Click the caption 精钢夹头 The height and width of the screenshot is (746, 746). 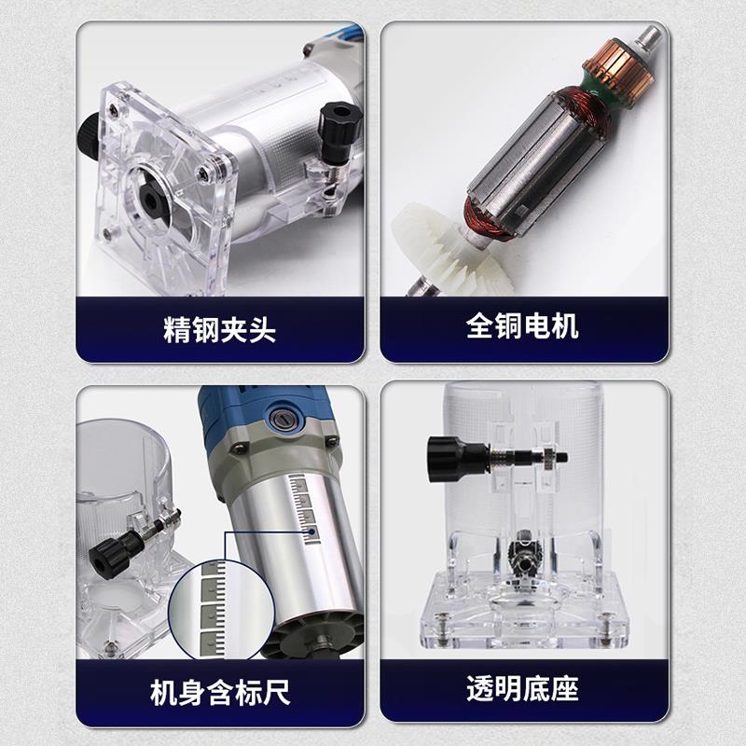point(219,329)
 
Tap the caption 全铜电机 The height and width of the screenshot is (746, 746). point(522,326)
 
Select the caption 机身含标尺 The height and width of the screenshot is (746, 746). point(219,693)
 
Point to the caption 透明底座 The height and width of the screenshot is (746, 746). point(522,690)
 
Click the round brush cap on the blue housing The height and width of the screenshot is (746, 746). point(283,420)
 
